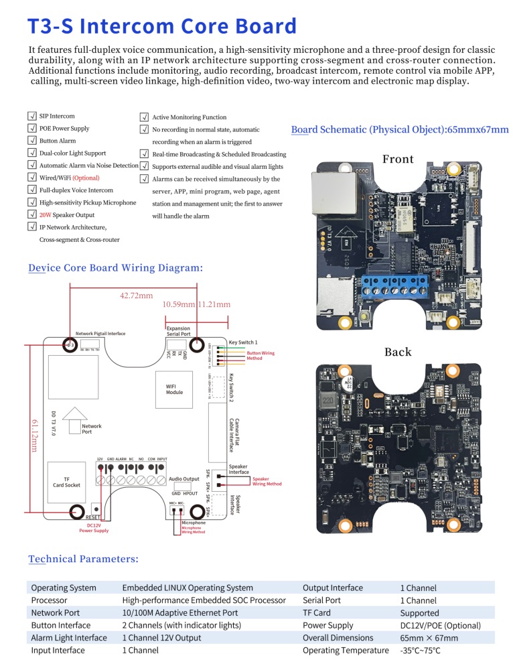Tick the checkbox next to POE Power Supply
point(32,129)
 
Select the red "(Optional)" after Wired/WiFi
point(86,178)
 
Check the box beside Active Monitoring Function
point(144,117)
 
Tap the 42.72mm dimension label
point(137,295)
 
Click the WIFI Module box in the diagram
point(174,389)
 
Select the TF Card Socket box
point(66,482)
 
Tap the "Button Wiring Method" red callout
point(261,356)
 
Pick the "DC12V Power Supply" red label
point(94,528)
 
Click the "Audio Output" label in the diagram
point(184,479)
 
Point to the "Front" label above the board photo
point(398,159)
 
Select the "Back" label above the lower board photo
point(398,352)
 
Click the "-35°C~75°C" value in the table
point(420,650)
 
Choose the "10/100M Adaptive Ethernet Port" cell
point(179,612)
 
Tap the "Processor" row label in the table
point(50,600)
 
